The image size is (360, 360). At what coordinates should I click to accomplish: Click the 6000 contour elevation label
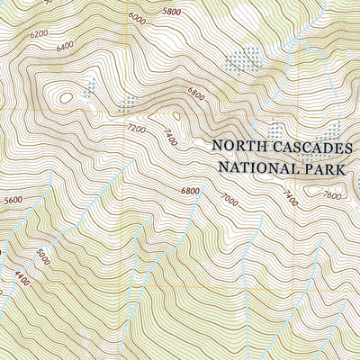pos(137,17)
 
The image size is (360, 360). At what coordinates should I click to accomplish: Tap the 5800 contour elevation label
pos(171,12)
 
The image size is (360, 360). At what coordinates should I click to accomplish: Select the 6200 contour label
pos(39,33)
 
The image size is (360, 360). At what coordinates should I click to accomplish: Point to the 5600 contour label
pos(13,201)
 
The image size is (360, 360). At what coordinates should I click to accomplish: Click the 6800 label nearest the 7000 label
pos(190,191)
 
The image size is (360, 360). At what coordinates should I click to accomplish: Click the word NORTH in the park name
pos(238,147)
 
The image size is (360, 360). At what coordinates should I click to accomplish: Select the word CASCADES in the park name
pos(314,147)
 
